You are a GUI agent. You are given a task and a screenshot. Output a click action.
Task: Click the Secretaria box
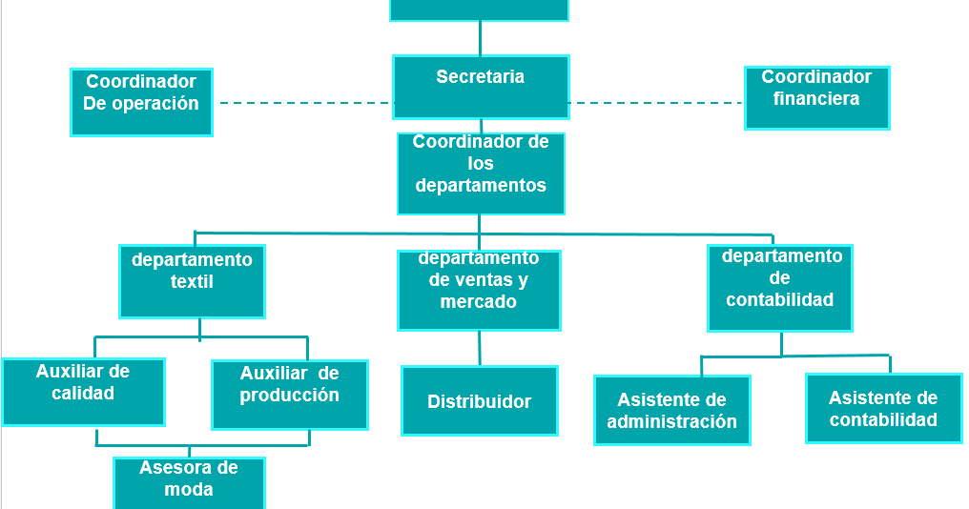[481, 88]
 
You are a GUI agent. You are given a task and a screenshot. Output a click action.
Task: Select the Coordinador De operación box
[141, 102]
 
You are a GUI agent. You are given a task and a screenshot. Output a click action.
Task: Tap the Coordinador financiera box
[816, 98]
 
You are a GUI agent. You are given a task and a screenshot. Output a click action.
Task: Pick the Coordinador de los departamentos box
[481, 173]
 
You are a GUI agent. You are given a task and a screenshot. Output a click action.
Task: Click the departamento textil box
[192, 281]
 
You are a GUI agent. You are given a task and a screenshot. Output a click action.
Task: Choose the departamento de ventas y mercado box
[479, 291]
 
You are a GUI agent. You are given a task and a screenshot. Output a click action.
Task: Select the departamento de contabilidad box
[780, 288]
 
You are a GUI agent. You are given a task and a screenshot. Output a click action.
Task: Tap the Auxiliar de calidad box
[83, 392]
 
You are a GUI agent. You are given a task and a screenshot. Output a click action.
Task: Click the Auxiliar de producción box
[289, 395]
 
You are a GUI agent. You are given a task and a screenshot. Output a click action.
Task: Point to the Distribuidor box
[479, 401]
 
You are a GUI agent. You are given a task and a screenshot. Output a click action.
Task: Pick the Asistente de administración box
[671, 410]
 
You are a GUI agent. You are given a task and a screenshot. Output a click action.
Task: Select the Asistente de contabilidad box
[883, 408]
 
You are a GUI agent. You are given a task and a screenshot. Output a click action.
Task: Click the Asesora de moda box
[189, 482]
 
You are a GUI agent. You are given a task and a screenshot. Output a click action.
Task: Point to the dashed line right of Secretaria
[656, 102]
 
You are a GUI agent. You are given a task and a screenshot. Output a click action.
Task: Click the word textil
[192, 282]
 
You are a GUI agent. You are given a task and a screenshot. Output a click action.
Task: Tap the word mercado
[479, 302]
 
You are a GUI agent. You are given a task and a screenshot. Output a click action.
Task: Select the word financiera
[816, 98]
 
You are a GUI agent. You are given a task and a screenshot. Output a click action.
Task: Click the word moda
[189, 490]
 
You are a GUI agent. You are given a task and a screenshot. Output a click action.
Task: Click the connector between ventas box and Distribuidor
[480, 349]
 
